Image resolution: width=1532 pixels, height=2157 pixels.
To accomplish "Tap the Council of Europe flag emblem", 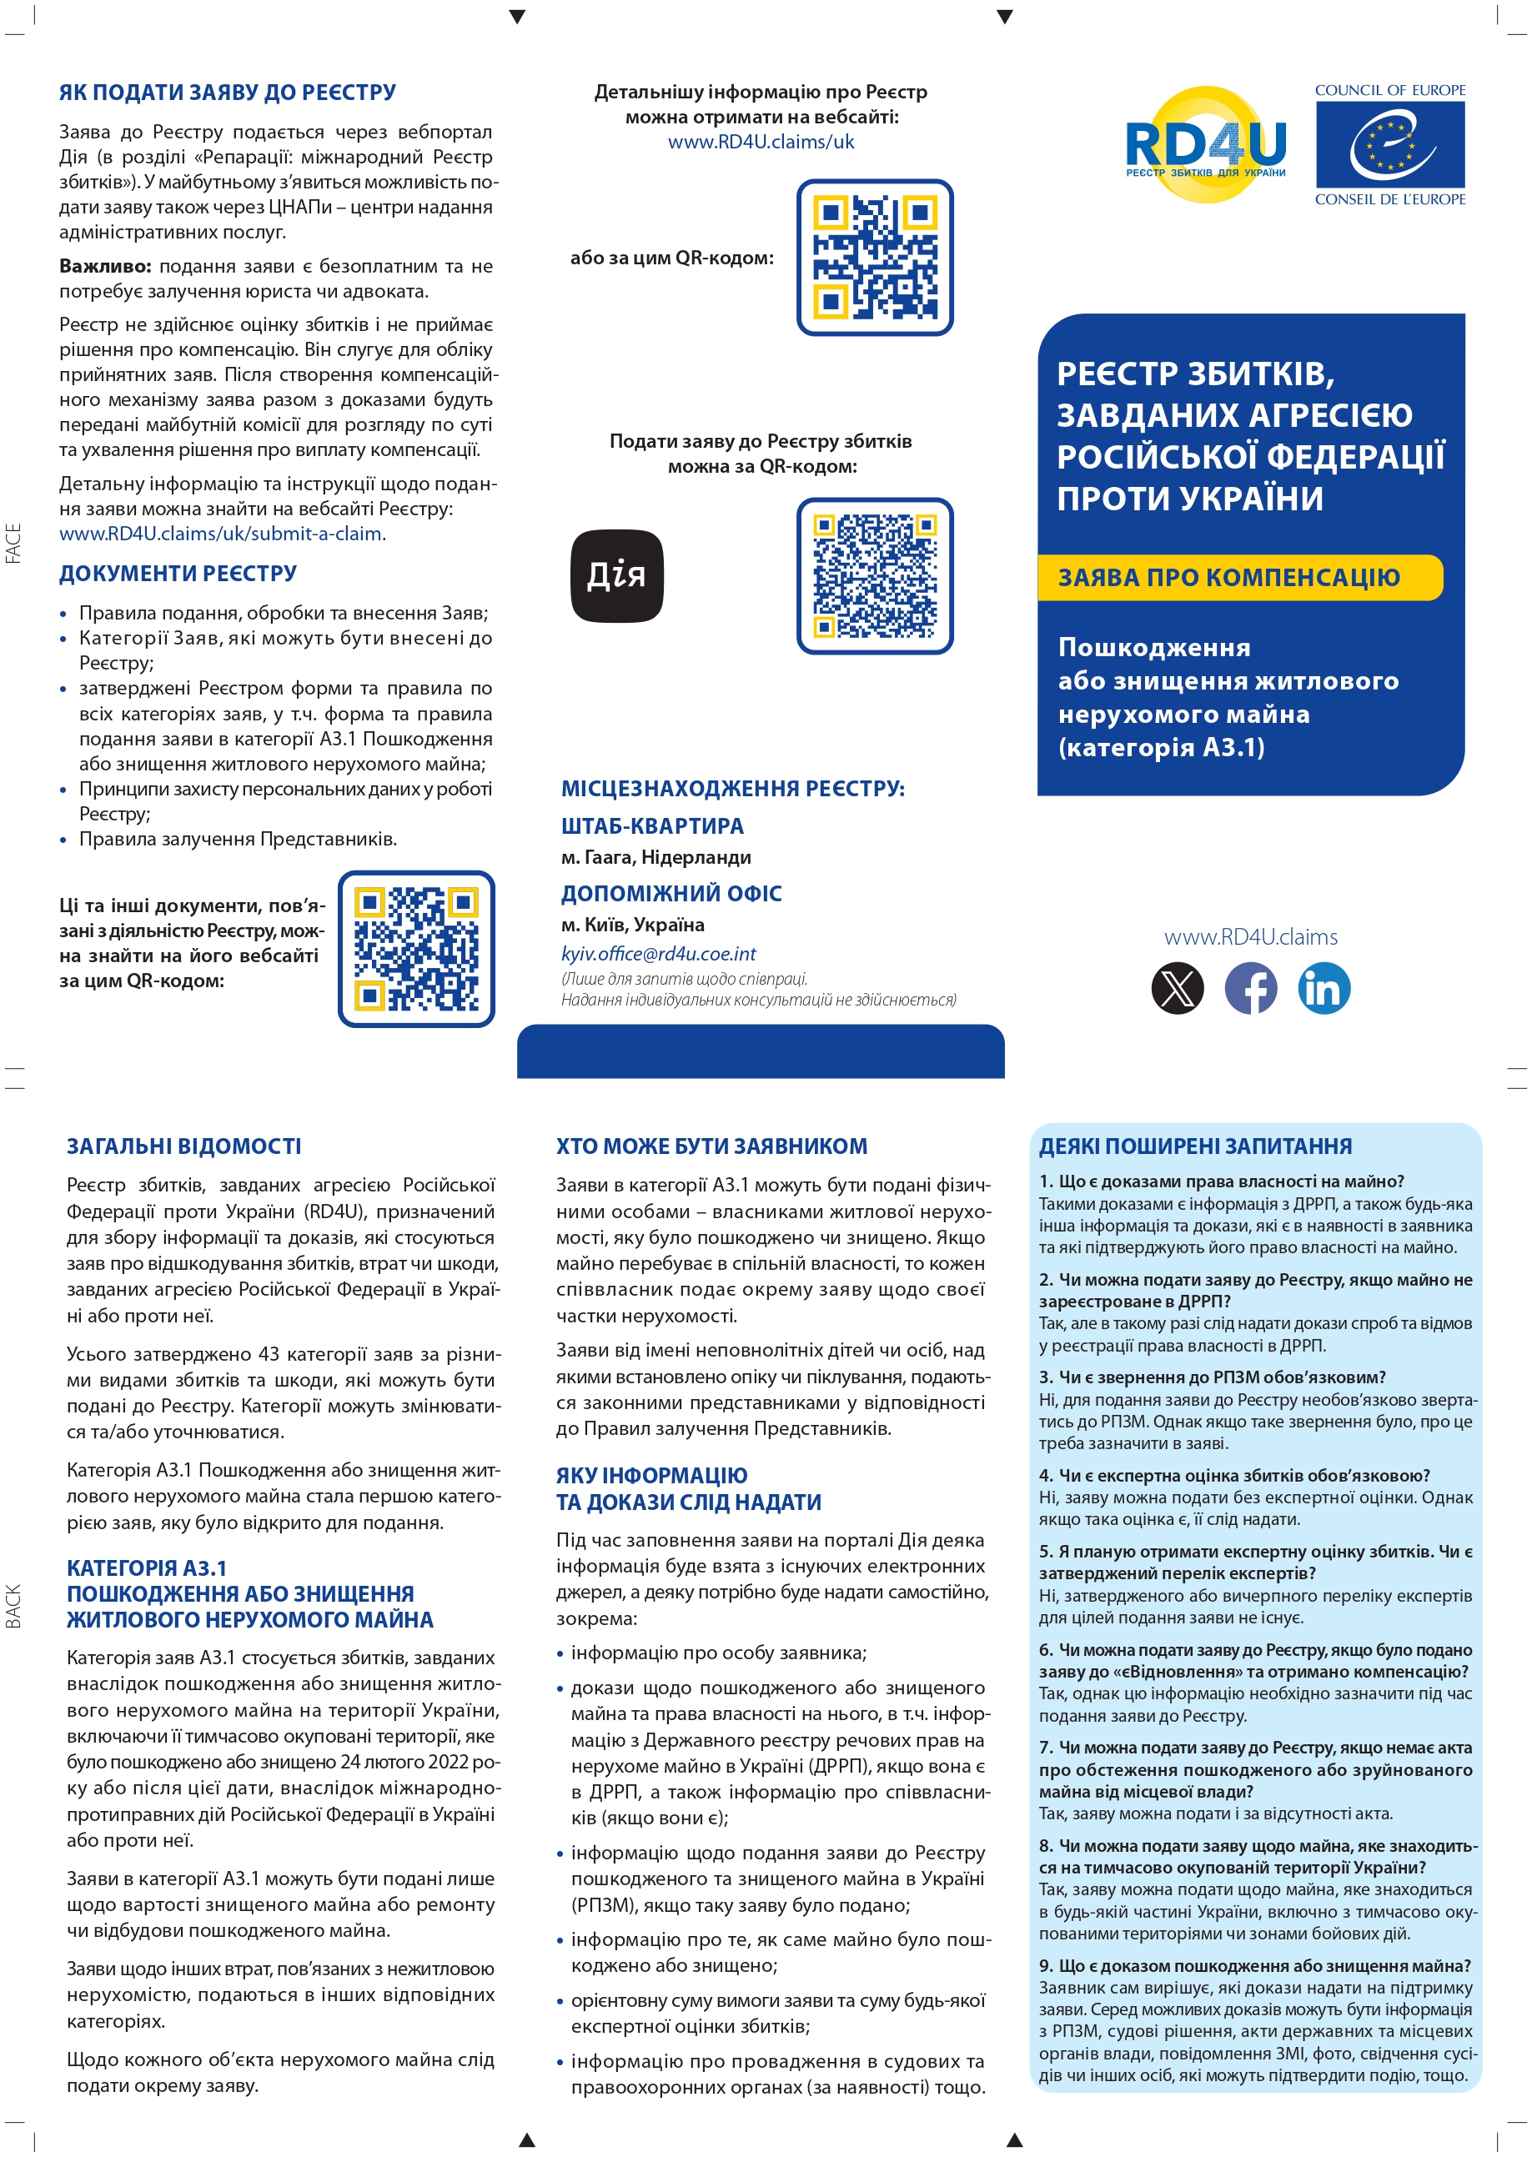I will coord(1389,144).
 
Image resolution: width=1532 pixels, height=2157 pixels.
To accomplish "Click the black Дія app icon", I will coord(617,575).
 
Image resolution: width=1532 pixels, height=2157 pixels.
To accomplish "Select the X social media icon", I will coord(1178,987).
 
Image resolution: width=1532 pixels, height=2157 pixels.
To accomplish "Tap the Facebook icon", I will coord(1250,987).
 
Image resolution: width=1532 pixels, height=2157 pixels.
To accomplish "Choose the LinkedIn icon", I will coord(1324,987).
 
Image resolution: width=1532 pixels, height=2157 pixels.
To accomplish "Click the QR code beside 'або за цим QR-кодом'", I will coord(875,257).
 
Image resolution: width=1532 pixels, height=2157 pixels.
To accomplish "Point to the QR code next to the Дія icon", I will coord(875,575).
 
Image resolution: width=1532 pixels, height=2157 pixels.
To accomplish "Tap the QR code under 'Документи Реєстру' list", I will coord(416,948).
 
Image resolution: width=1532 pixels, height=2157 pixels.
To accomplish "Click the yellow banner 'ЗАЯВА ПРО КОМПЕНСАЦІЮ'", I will coord(1238,577).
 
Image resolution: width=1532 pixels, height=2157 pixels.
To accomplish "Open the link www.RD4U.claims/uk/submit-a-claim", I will coord(221,534).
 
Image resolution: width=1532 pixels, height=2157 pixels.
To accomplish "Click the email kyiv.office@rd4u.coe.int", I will coord(659,954).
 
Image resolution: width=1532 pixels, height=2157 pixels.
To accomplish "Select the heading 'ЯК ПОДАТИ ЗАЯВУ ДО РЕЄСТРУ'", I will coord(228,93).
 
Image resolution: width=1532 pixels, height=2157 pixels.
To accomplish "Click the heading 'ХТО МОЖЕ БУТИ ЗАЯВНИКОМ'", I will coord(711,1146).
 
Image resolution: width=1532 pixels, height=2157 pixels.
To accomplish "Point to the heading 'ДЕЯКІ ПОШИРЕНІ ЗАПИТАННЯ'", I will coord(1195,1146).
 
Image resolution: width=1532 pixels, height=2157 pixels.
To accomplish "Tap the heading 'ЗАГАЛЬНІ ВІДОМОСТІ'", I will coord(184,1146).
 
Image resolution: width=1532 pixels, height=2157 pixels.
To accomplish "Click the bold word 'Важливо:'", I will coord(105,266).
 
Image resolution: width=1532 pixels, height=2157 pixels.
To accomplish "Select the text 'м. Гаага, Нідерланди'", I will coord(655,857).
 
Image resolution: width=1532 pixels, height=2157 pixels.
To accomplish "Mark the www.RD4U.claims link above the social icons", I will coord(1250,936).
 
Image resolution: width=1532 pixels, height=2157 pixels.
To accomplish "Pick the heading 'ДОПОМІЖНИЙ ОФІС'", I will coord(671,893).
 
